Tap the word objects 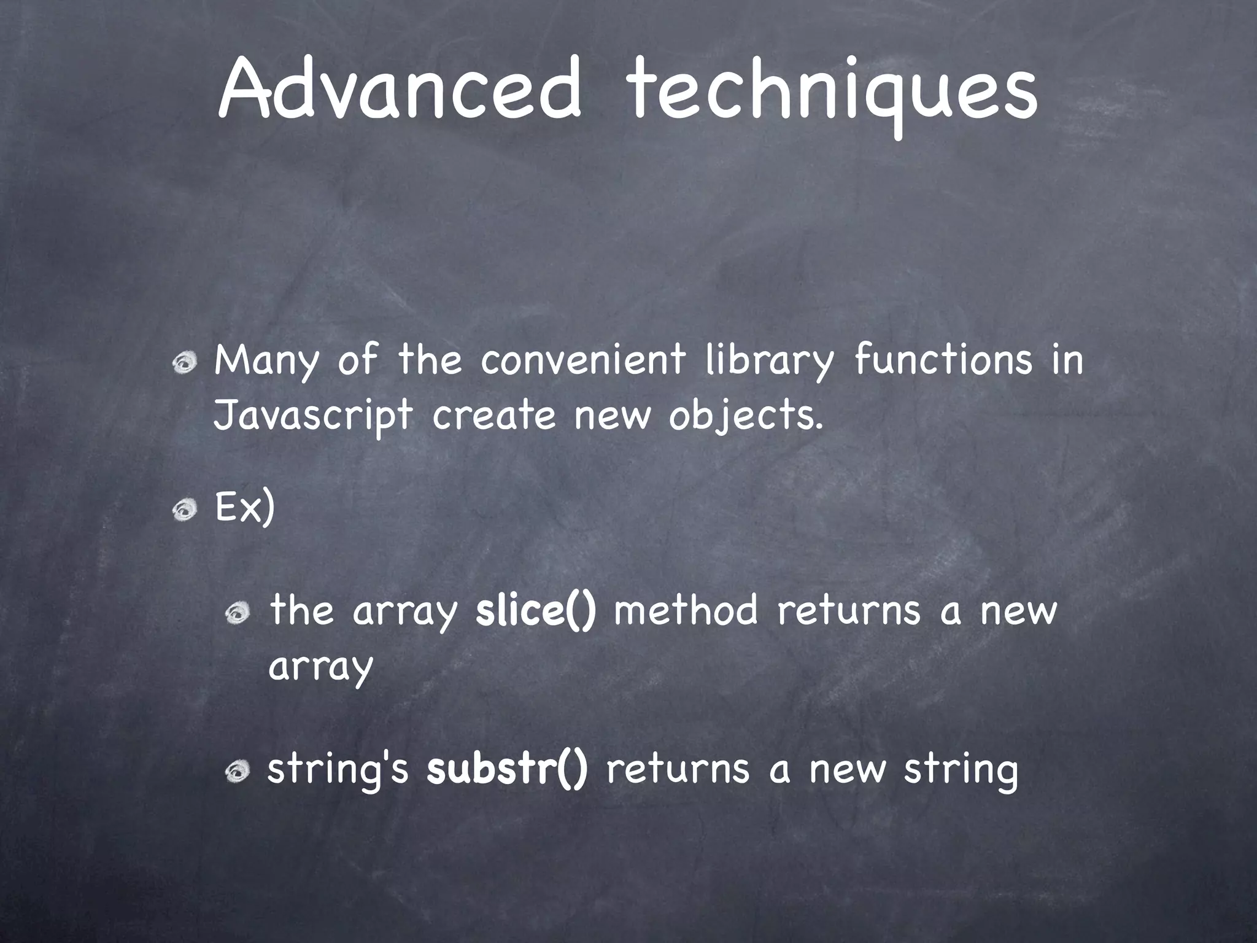click(745, 417)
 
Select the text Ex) click(244, 508)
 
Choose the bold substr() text click(507, 769)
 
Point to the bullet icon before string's click(238, 772)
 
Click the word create click(493, 417)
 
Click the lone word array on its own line click(320, 667)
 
